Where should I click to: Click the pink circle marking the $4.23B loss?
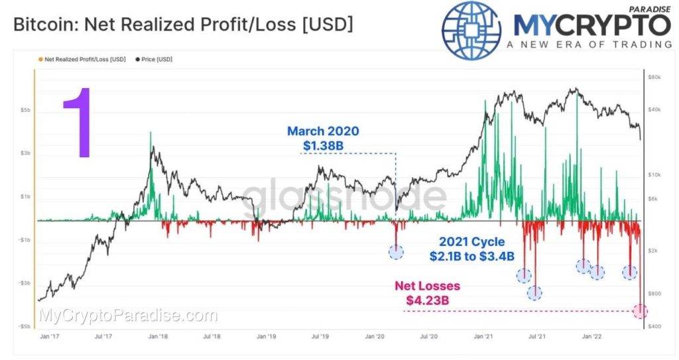point(640,311)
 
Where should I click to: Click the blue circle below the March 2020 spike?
point(396,251)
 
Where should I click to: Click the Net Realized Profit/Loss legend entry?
point(84,59)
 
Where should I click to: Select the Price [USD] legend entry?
point(154,59)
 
